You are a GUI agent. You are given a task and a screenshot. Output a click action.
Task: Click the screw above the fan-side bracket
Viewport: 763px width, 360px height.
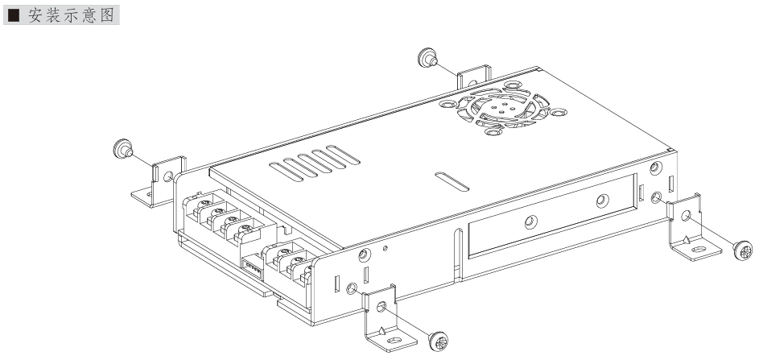click(x=427, y=57)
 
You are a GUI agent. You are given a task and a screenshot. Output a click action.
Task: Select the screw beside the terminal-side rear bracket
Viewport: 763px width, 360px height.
click(x=122, y=148)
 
